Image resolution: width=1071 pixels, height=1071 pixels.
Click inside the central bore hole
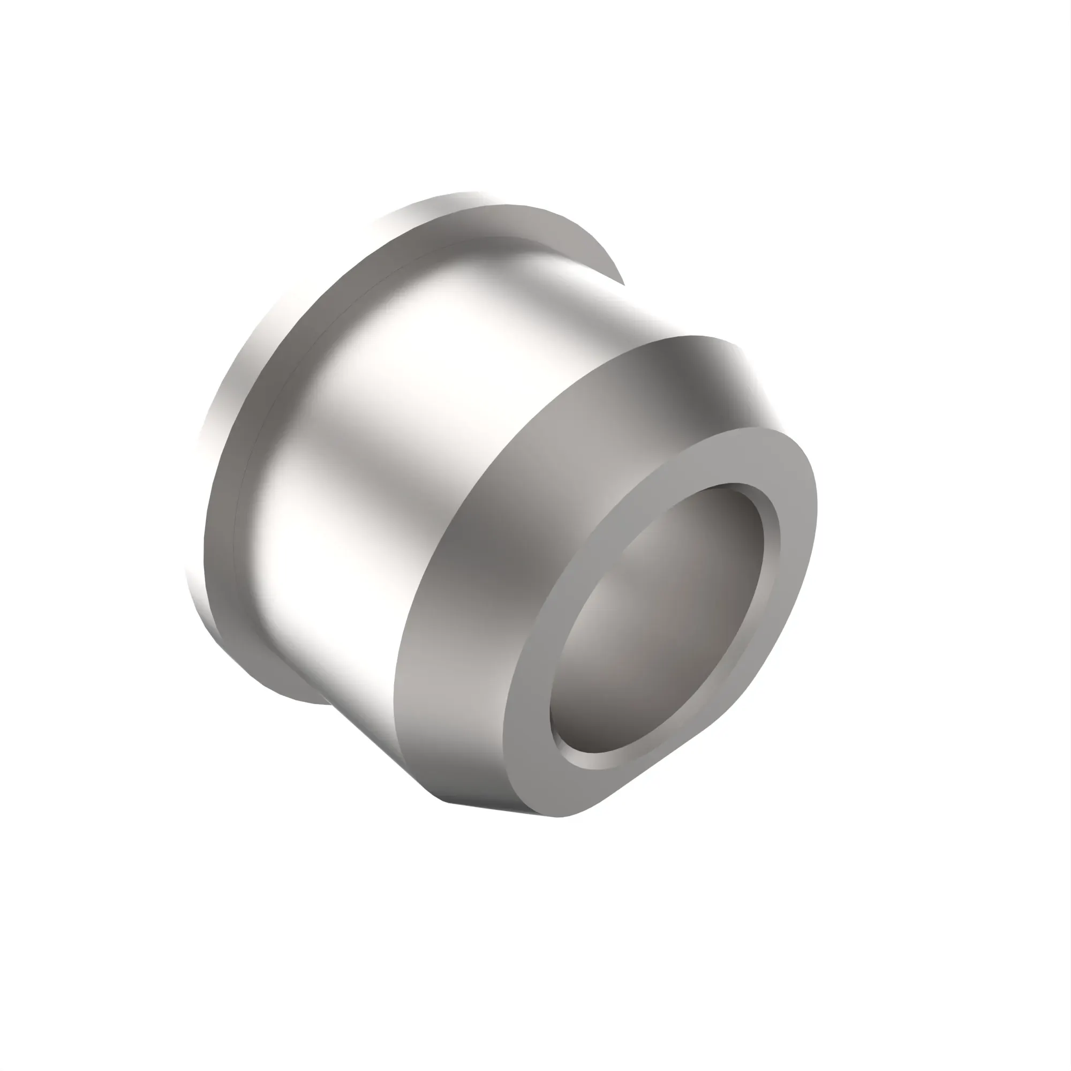tap(660, 615)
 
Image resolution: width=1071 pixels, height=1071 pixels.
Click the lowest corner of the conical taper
tap(443, 798)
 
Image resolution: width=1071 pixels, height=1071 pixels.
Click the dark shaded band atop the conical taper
tap(704, 377)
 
